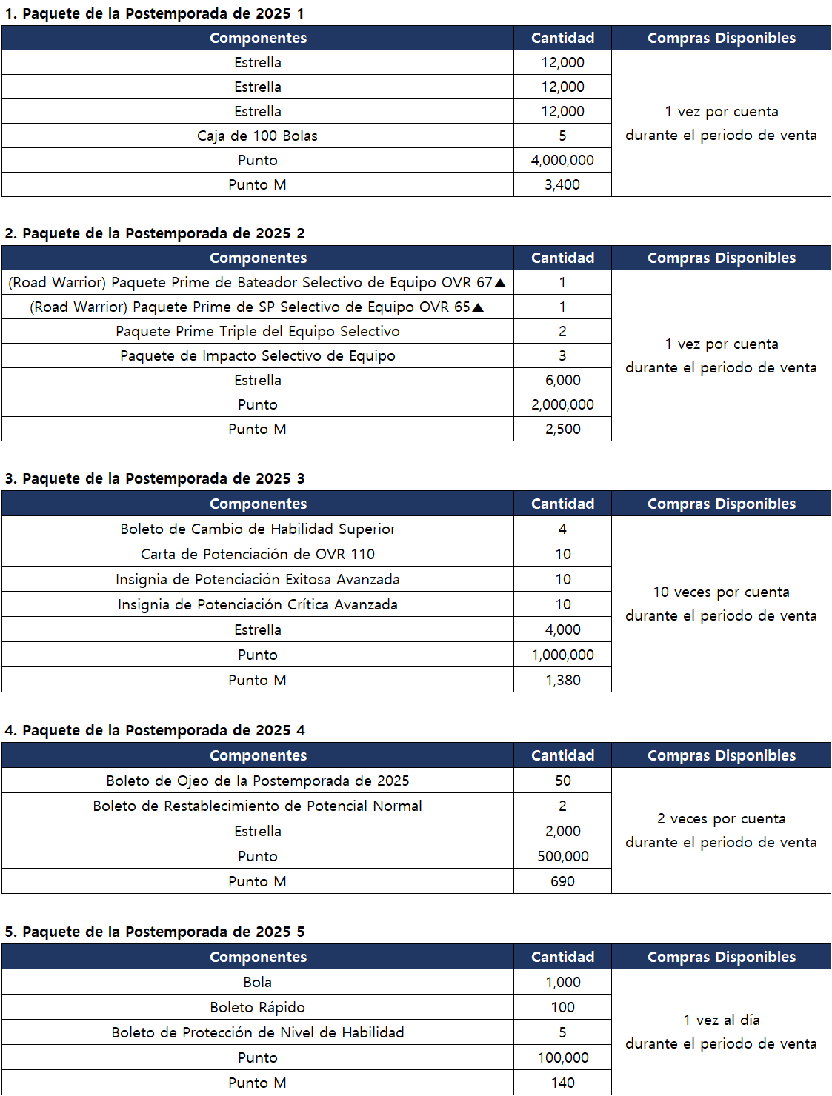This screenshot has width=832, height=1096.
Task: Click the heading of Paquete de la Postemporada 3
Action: (x=155, y=478)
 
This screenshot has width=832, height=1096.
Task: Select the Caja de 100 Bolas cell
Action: (x=257, y=136)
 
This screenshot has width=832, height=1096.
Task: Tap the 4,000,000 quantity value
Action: (x=562, y=160)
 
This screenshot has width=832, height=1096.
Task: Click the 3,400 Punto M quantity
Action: (x=562, y=184)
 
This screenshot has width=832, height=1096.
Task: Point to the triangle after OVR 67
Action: (x=500, y=283)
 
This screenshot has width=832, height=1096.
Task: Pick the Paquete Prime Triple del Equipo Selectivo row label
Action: (x=257, y=331)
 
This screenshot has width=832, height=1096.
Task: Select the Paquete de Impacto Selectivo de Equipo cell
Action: (x=257, y=355)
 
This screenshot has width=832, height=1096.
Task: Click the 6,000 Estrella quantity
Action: (x=562, y=380)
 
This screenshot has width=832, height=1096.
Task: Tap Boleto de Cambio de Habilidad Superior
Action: (x=257, y=529)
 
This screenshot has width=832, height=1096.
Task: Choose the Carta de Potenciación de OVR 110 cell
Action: (x=257, y=554)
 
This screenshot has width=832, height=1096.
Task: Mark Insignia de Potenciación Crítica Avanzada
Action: (x=257, y=604)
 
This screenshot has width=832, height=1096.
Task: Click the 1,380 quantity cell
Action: (x=562, y=680)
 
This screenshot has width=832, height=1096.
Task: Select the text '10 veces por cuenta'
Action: (x=721, y=592)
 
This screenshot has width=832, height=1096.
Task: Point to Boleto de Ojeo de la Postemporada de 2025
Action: (x=257, y=781)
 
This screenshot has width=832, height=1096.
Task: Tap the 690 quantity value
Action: (x=562, y=881)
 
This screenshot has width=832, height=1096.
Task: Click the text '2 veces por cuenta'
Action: (x=721, y=818)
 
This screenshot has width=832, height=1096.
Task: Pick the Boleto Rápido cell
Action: (x=257, y=1007)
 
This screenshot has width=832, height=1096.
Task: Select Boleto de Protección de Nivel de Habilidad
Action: (x=257, y=1032)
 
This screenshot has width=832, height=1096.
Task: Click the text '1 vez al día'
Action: (x=721, y=1020)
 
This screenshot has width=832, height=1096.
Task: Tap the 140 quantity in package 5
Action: (x=562, y=1083)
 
